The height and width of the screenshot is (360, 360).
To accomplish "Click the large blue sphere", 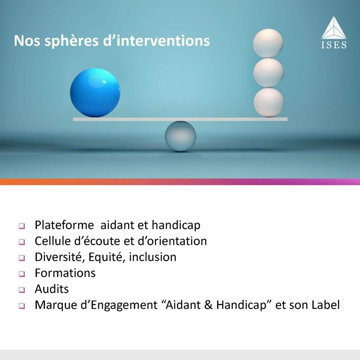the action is [95, 92].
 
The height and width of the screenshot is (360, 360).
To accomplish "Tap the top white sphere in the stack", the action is [268, 43].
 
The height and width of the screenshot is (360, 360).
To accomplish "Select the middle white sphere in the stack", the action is [268, 72].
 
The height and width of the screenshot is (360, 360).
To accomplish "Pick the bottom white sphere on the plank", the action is [269, 102].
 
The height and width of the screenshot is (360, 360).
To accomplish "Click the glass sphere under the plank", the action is [180, 136].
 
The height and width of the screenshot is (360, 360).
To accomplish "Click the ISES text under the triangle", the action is [334, 45].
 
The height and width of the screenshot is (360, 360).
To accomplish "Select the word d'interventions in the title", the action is [156, 41].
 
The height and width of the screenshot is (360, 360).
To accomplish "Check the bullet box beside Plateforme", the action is [22, 226].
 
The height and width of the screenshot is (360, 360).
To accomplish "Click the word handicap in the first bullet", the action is [176, 225].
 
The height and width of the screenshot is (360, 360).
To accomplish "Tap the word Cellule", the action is [53, 241].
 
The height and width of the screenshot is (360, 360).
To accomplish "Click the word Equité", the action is [107, 257].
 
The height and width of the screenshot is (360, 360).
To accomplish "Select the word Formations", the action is [65, 273].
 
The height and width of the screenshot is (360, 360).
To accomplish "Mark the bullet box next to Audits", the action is [22, 290].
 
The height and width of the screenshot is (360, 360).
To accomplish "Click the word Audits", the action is [52, 289].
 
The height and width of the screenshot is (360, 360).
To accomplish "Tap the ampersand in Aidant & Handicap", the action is [208, 305].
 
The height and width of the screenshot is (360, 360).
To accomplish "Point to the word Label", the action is [326, 305].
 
